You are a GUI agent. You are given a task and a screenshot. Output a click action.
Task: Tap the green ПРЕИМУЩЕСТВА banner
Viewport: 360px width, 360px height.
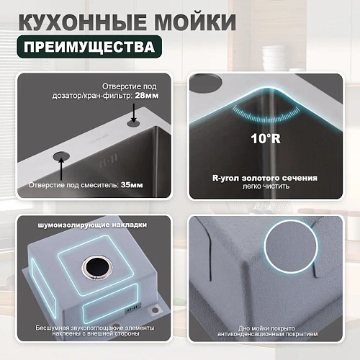point(87,48)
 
